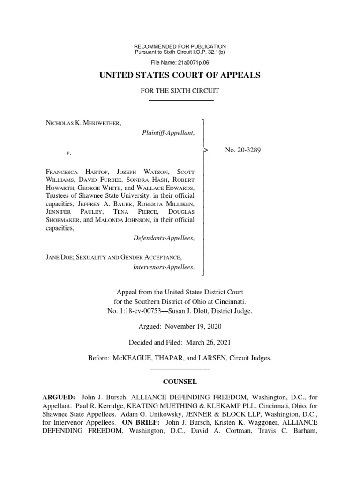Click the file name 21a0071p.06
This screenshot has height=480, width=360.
tap(194, 62)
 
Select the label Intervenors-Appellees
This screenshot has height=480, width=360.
tap(164, 267)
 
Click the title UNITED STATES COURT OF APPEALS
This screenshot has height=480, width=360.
tap(180, 75)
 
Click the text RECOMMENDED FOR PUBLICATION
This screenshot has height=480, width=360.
tap(180, 46)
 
